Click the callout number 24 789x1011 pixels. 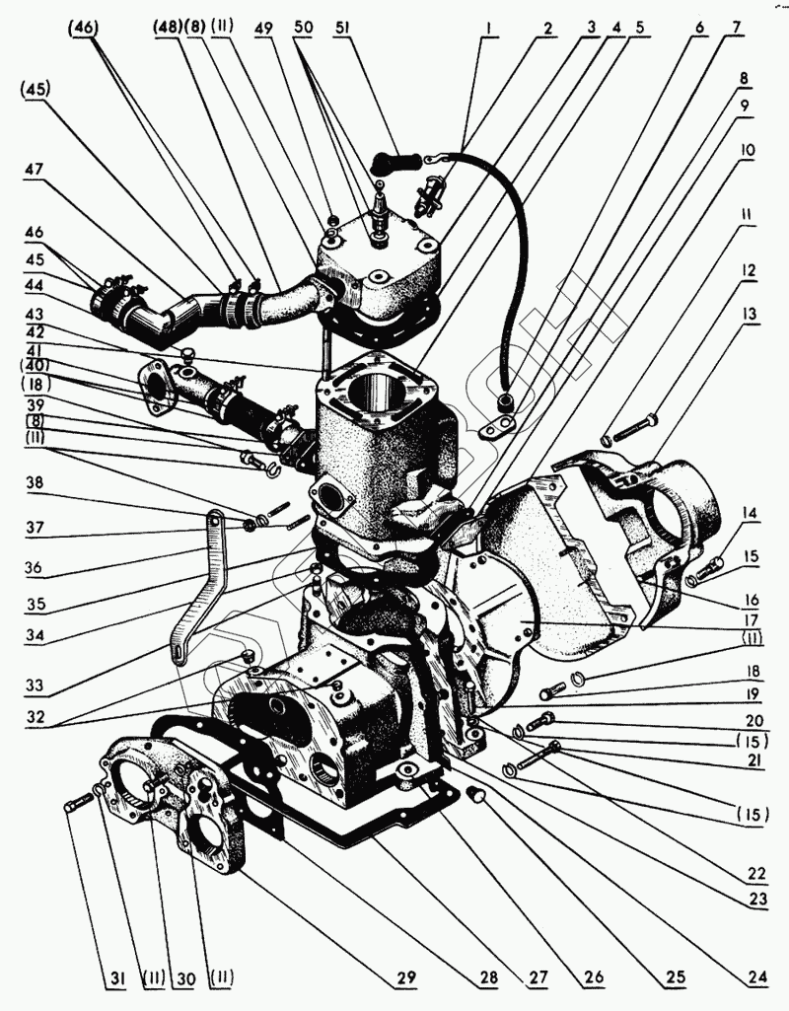pyautogui.click(x=754, y=978)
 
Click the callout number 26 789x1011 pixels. pyautogui.click(x=593, y=978)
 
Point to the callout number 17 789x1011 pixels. pyautogui.click(x=752, y=621)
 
